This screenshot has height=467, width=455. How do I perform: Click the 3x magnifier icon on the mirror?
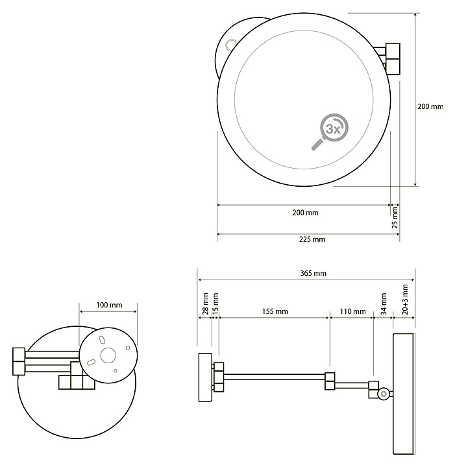pos(330,131)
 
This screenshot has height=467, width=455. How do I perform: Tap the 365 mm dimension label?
pos(313,273)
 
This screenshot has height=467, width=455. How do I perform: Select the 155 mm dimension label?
pos(275,311)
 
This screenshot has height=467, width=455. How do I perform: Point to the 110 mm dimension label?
pos(353,311)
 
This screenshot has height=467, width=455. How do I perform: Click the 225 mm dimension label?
pos(312,239)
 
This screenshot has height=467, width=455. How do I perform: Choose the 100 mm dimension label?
pos(109,305)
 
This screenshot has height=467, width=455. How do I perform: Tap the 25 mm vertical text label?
pos(395,217)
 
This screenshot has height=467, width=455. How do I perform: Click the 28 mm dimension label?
pos(205,304)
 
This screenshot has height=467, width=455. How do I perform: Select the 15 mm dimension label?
pos(215,303)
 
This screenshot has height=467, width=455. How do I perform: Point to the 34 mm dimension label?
pos(384,304)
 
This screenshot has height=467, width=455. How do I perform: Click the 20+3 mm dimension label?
pos(405,299)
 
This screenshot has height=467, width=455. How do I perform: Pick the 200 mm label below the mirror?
pos(305,213)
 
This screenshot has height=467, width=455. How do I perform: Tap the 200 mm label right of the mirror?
pos(430,106)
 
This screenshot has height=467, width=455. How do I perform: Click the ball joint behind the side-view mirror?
pos(384,394)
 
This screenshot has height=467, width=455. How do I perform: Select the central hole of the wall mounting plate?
pos(108,355)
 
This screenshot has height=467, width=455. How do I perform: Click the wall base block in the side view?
pos(205,377)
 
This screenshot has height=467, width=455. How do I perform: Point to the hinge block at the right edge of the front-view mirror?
pos(393,59)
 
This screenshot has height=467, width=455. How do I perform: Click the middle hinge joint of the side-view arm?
pos(330,381)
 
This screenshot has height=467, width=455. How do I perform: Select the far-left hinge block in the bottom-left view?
pos(19,361)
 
